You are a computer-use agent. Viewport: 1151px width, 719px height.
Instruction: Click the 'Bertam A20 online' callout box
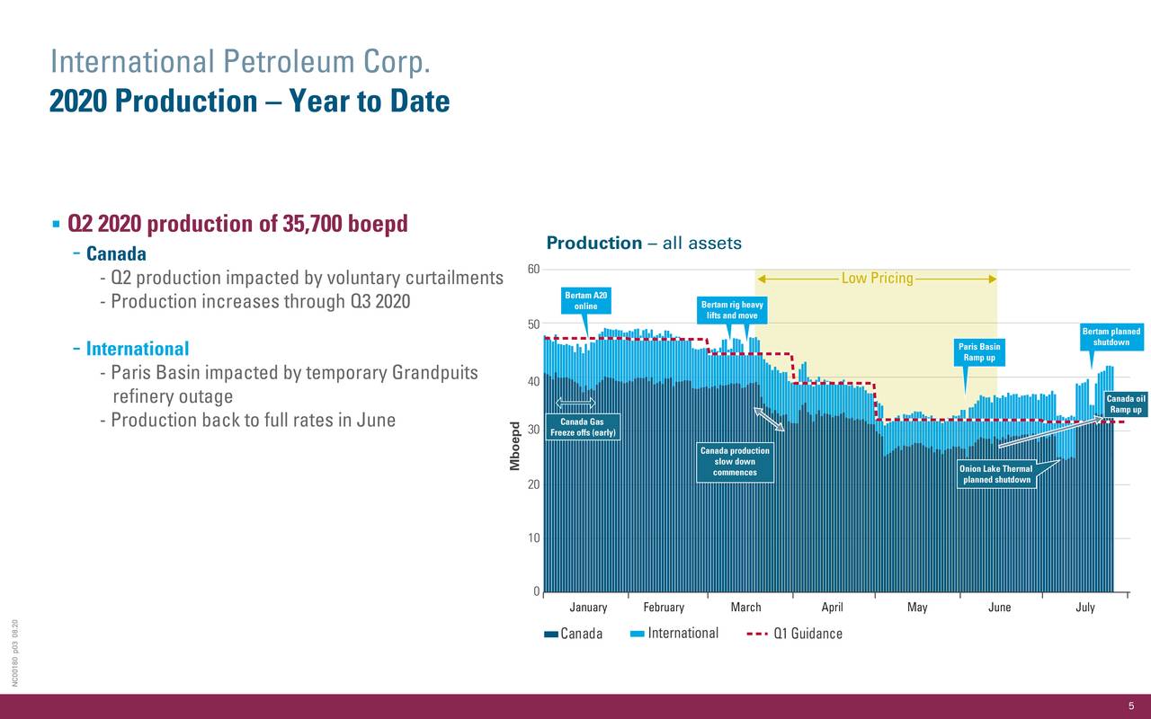coord(585,301)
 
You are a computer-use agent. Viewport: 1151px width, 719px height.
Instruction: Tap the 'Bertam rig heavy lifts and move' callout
coord(732,310)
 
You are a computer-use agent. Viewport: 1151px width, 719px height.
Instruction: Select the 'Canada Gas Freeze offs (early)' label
coord(583,428)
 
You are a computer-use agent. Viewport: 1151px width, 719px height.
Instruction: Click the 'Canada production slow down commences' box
coord(735,462)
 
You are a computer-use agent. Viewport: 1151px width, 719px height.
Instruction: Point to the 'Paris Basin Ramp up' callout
coord(979,352)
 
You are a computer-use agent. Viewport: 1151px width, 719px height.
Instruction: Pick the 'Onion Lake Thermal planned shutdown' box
coord(995,475)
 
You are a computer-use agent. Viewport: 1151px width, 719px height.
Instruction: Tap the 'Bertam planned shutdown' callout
coord(1111,337)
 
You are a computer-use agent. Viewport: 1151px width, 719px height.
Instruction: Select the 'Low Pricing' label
coord(877,279)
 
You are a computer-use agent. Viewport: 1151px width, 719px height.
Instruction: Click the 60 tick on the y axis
coord(533,270)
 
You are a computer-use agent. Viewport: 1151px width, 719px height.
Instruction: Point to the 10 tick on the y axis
coord(533,538)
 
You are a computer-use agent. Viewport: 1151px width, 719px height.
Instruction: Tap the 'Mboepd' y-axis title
coord(515,445)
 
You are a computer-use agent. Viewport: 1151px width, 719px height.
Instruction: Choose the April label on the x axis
coord(832,608)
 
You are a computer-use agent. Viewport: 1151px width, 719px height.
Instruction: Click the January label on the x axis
coord(588,608)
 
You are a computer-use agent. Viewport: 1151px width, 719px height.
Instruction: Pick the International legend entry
coord(674,634)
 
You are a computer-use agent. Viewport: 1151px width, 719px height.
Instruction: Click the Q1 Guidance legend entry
coord(795,634)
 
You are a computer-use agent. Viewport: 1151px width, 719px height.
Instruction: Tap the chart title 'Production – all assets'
coord(644,244)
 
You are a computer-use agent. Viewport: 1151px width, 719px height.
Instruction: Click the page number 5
coord(1131,706)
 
